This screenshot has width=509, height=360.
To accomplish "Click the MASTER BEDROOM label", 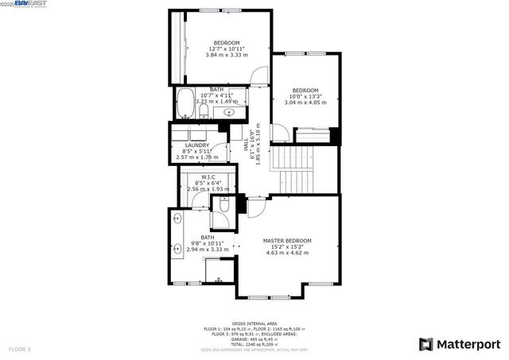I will click(287, 240).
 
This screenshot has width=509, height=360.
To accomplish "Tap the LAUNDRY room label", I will click(196, 145).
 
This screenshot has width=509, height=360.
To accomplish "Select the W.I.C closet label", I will click(208, 177).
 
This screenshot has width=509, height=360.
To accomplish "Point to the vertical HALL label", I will click(247, 146).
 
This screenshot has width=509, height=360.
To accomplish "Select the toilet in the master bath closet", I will click(223, 206).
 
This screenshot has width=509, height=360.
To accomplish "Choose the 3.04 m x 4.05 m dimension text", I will click(306, 103).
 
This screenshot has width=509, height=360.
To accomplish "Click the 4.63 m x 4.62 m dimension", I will click(287, 253).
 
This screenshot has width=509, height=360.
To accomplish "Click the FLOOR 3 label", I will click(20, 349).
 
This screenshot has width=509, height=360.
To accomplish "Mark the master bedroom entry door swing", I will click(257, 207).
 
